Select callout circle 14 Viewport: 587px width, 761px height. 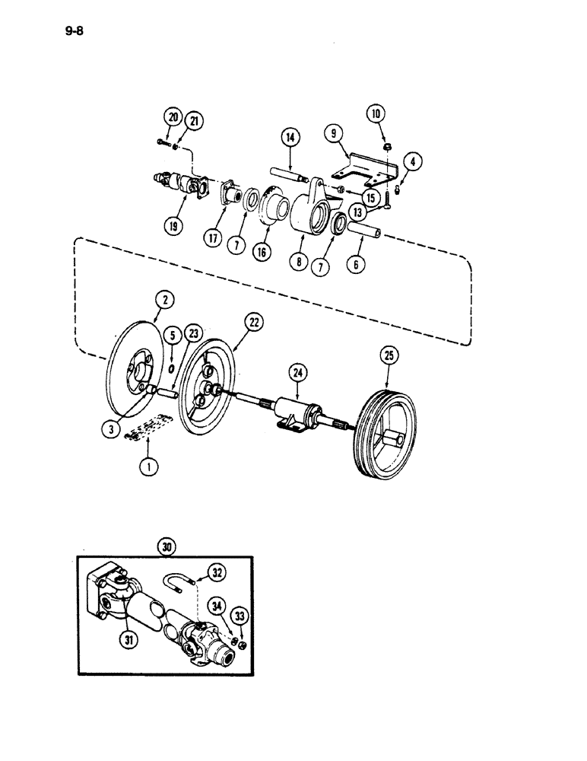point(288,138)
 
